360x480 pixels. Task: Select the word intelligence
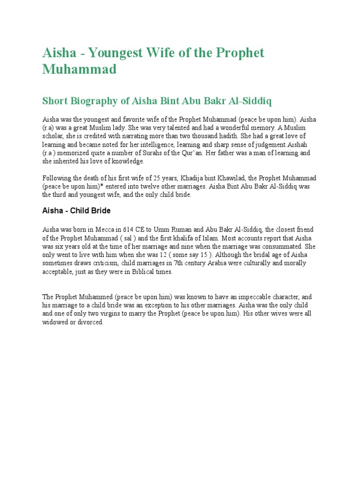click(x=152, y=145)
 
